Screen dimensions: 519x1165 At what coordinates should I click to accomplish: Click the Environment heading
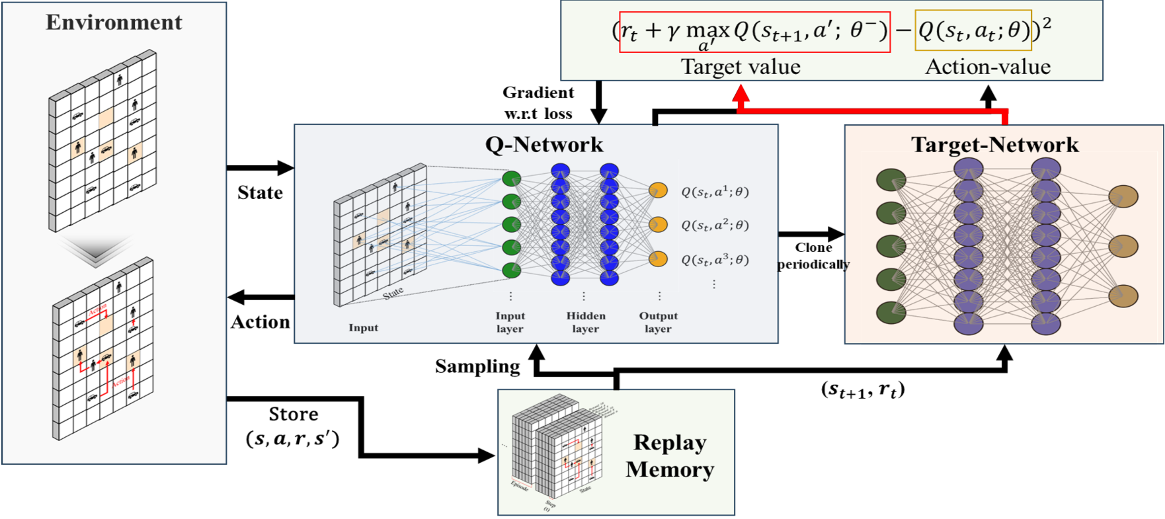pos(114,22)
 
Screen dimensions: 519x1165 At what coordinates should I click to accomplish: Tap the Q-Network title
pos(544,145)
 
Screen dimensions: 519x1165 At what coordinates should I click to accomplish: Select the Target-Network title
pos(994,145)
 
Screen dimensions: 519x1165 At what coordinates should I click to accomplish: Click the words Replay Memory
pos(670,456)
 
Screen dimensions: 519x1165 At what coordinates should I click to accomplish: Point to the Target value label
pos(741,67)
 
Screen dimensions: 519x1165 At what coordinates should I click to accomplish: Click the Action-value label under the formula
pos(988,67)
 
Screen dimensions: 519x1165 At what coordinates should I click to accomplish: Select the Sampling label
pos(477,366)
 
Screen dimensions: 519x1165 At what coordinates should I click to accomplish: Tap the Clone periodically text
pos(813,256)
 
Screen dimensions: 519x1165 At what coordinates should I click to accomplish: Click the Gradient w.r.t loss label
pos(538,103)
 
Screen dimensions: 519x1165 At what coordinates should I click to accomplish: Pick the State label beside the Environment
pos(260,192)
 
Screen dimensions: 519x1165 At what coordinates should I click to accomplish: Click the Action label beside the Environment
pos(261,322)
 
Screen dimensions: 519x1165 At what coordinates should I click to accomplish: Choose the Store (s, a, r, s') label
pos(293,426)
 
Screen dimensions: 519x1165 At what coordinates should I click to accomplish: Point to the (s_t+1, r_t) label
pos(863,389)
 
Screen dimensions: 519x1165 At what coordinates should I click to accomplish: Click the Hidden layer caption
pos(585,322)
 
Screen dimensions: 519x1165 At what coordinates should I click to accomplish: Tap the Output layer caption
pos(658,322)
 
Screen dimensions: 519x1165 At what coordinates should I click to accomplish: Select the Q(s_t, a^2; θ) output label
pos(715,225)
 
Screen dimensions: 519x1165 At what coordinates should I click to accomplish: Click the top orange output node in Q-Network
pos(658,190)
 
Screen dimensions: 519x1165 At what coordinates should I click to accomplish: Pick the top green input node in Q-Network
pos(512,179)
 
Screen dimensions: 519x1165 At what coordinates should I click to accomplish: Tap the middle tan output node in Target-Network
pos(1123,246)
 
